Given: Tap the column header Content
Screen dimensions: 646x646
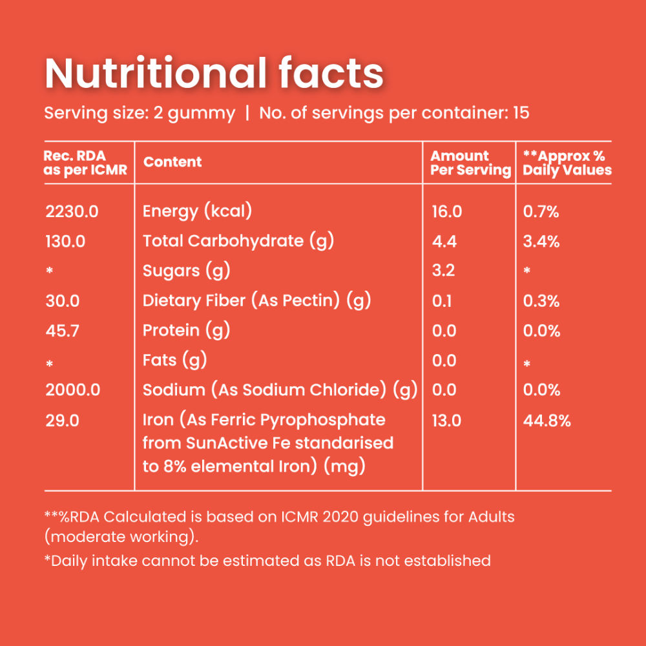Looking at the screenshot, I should [x=172, y=162].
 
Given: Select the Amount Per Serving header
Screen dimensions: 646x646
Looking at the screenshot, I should [x=470, y=163].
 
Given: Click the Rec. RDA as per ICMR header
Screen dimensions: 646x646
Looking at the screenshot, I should [x=85, y=163].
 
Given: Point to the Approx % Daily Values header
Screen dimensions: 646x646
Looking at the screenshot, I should [x=567, y=163].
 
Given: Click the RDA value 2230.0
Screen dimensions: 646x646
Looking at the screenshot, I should [x=72, y=211].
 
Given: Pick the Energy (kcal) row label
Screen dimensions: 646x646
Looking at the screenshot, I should [x=197, y=211].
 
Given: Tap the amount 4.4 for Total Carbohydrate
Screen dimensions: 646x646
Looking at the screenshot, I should [x=444, y=242].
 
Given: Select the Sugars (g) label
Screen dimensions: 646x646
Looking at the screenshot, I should [x=186, y=271].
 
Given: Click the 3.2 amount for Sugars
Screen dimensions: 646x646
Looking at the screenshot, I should [x=443, y=271].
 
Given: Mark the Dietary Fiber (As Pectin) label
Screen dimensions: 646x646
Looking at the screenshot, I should [x=256, y=300].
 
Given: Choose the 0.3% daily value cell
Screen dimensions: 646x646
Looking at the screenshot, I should [x=541, y=301].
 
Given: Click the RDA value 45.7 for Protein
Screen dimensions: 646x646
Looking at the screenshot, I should [x=63, y=331].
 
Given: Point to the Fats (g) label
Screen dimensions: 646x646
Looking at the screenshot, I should [x=174, y=360].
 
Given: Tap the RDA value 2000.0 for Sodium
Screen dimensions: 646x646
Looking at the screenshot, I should [x=72, y=390].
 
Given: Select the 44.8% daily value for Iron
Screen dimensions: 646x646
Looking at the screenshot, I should [x=547, y=421].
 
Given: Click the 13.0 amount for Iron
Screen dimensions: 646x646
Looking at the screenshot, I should [x=446, y=421].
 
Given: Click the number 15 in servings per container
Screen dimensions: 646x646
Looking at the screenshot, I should [x=521, y=113].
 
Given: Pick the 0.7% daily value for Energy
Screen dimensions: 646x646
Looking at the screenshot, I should [x=541, y=212].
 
